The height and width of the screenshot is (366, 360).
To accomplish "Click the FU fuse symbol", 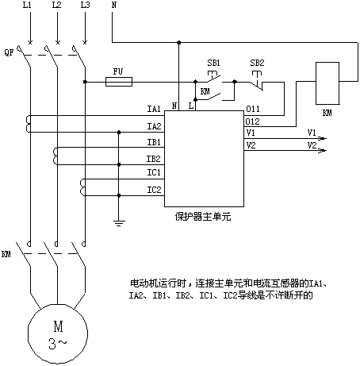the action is point(119,82).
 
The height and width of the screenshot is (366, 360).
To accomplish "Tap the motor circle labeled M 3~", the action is point(58,333).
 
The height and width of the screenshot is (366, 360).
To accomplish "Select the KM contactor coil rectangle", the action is point(327,83).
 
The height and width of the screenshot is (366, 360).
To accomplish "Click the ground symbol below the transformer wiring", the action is point(119,223).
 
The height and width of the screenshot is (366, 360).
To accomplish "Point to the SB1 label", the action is point(213,63).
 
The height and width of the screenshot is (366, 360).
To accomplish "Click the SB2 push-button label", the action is point(257,63).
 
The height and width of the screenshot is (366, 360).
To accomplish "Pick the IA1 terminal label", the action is point(154,109).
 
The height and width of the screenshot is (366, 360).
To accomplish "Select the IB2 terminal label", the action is point(154,159).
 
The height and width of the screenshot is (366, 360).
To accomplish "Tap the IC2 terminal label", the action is point(154,190).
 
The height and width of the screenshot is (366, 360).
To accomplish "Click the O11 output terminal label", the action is point(253,109).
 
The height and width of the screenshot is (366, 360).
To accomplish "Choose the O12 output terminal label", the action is point(252,121).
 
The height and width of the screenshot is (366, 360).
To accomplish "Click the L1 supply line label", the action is point(27,5).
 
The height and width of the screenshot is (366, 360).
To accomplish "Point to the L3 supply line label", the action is point(85,5).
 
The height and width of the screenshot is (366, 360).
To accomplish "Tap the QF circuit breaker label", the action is point(9,52).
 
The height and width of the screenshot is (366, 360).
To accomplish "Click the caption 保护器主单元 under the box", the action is point(203,217).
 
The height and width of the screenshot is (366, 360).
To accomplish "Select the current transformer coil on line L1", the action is point(28,124).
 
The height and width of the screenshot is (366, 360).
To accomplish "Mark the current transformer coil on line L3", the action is point(82,187).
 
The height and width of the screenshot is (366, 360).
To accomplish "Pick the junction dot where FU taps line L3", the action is point(85,82).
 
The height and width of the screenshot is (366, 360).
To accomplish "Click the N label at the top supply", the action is point(114,5).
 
